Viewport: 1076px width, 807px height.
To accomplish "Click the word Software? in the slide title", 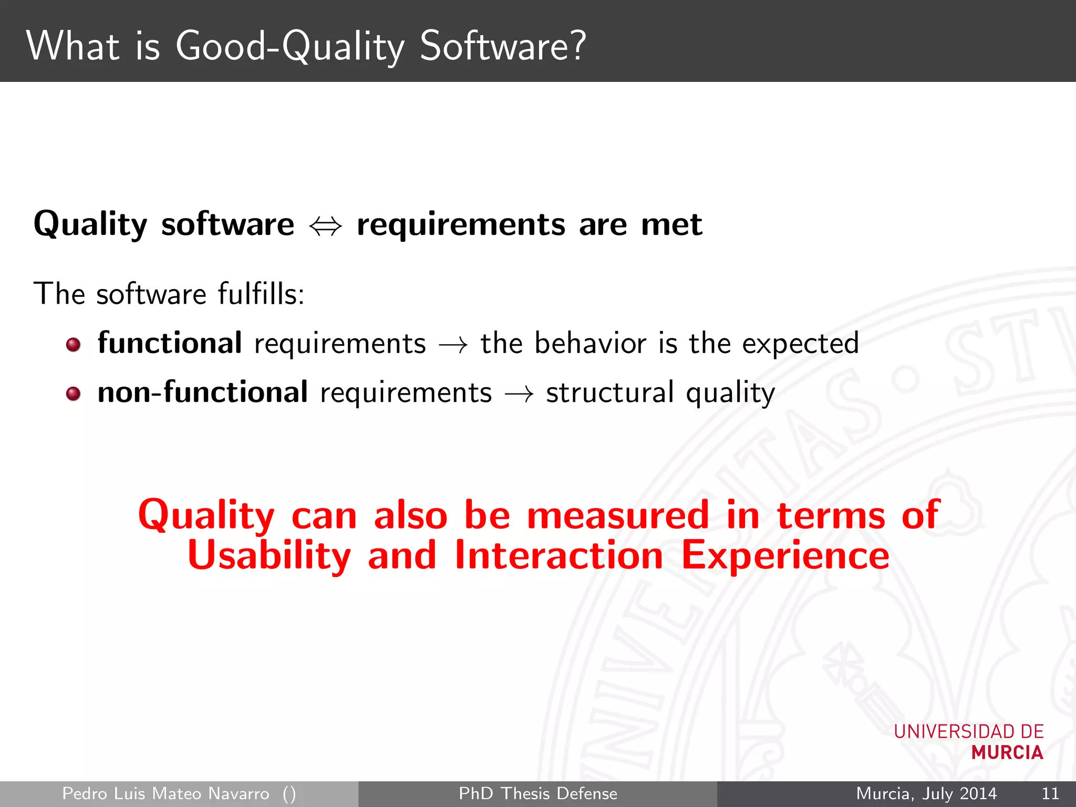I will (502, 46).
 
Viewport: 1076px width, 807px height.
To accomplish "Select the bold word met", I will (671, 225).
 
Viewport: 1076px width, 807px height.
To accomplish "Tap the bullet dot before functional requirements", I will (74, 345).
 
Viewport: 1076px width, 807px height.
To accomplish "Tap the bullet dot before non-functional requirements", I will (74, 394).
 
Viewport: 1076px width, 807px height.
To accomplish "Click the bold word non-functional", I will (203, 392).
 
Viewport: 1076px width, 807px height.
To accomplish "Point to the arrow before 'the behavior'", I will (453, 345).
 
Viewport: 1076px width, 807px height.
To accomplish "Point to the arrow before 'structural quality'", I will (519, 394).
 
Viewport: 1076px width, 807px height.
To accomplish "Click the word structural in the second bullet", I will (609, 392).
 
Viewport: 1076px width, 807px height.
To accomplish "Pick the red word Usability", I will (269, 556).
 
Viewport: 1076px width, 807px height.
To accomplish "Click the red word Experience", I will (785, 556).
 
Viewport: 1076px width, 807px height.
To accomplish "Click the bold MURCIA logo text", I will (1007, 753).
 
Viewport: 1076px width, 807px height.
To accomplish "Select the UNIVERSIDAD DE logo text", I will (968, 731).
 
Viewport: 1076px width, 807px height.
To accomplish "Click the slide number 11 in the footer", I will (1050, 793).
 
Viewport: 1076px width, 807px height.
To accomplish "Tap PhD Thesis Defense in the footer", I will (538, 793).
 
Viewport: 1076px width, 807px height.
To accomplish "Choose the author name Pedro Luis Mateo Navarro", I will (165, 793).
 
